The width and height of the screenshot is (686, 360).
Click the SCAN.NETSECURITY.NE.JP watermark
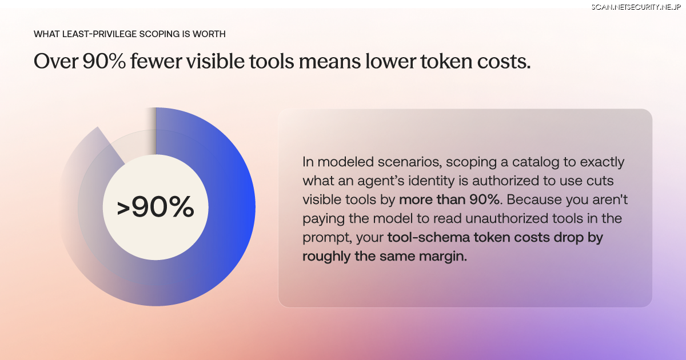point(636,7)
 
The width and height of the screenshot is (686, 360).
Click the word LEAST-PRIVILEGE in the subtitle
point(99,34)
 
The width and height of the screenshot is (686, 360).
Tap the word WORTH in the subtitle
point(209,34)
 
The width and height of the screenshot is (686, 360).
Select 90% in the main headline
point(104,61)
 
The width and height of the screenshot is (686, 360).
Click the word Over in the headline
point(56,61)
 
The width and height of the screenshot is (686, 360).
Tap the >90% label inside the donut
point(155,207)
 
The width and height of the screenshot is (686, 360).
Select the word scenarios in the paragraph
point(410,162)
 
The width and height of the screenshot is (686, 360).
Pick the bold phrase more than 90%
point(449,199)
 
